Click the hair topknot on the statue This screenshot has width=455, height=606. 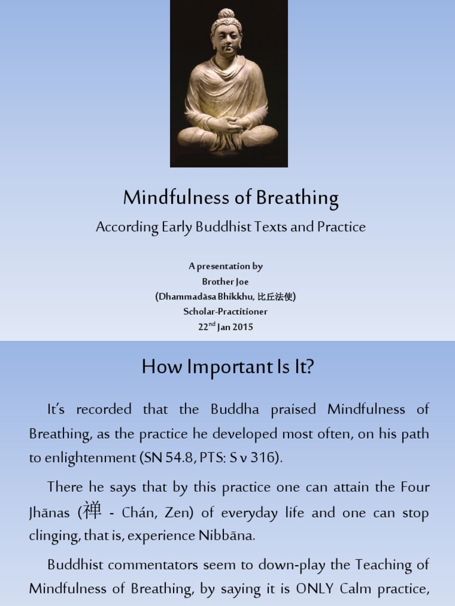coord(226,15)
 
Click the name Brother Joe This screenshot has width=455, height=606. coord(225,282)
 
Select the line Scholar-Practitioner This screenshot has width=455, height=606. coord(225,311)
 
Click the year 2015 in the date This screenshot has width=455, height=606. coord(243,327)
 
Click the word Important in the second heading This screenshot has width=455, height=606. coord(216,368)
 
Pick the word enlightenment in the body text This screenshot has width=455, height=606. coord(82,457)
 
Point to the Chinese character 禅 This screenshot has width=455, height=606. coord(92,511)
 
